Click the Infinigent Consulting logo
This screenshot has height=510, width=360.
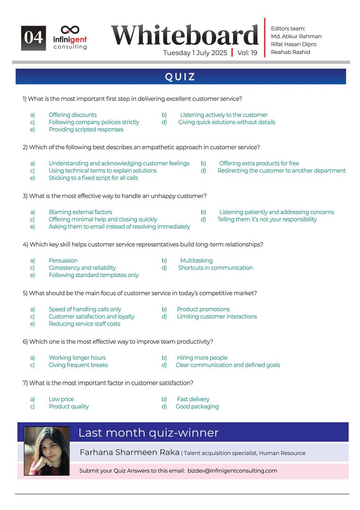tap(70, 37)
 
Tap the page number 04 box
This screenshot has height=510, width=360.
tap(33, 38)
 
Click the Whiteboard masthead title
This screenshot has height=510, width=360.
tap(185, 35)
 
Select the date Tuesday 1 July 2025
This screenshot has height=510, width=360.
tap(195, 53)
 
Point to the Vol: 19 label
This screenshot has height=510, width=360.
tap(247, 53)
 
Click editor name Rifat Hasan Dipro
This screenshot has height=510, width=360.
tap(293, 44)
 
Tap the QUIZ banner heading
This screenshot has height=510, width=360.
tap(180, 76)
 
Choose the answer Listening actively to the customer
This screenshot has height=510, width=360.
tap(224, 115)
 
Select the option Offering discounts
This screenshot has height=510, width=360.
tap(72, 115)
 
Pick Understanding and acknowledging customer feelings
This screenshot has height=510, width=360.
tap(119, 163)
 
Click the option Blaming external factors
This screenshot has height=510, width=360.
tap(80, 212)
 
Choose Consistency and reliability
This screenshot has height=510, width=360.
tap(82, 268)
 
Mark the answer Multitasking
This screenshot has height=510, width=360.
tap(196, 261)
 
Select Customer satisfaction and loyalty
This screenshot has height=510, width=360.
tap(92, 317)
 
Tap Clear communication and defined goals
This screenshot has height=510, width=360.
tap(228, 365)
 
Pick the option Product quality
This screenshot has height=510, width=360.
tap(68, 407)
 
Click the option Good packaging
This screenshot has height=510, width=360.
tap(197, 407)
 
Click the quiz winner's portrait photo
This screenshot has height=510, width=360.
tap(47, 451)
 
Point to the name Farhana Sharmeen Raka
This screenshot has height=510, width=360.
tap(129, 453)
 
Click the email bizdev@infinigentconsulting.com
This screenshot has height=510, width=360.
tap(232, 471)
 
